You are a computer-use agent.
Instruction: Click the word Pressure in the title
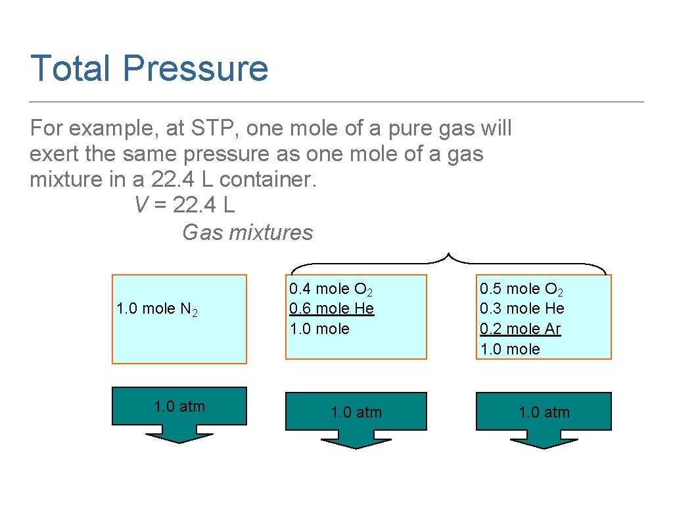195,68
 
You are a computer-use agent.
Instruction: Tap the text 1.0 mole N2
156,309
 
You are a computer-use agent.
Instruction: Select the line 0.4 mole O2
331,289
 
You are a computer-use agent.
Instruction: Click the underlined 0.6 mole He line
331,308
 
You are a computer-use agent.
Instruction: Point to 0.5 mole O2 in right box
521,289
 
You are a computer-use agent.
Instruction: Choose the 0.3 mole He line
522,308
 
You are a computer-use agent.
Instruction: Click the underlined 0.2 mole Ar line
521,329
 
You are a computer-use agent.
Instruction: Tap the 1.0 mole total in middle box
319,329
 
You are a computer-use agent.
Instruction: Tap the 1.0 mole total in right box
510,349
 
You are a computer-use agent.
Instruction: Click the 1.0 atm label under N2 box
179,406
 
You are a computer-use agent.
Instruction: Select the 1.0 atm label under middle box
356,412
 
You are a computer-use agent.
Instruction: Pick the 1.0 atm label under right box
544,412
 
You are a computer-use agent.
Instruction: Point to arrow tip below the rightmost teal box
544,447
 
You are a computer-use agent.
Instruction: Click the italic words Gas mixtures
247,232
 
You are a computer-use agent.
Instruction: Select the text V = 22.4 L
184,205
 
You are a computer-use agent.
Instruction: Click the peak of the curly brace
448,254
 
